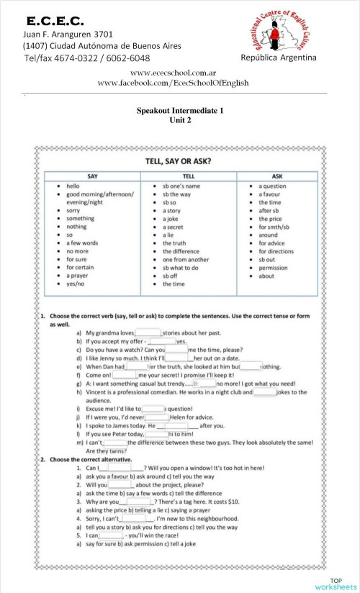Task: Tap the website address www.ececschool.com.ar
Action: [x=174, y=73]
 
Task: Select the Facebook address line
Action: [x=174, y=83]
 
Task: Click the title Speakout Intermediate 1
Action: [x=180, y=111]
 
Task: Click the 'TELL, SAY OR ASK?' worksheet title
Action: [x=179, y=161]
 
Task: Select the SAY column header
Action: [x=93, y=176]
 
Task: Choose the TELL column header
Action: [x=188, y=176]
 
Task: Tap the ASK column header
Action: [x=278, y=176]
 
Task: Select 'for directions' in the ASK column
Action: [x=276, y=251]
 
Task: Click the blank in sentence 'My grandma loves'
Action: [x=148, y=333]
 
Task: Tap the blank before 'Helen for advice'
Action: [x=157, y=417]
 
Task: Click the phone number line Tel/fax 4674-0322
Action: [x=87, y=58]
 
